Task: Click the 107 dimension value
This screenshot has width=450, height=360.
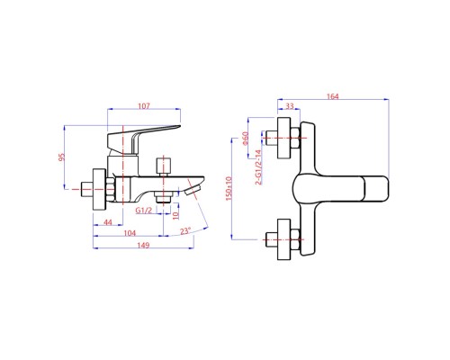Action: click(144, 106)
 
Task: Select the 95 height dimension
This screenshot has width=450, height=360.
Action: click(61, 157)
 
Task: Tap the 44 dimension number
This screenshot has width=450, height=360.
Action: click(108, 222)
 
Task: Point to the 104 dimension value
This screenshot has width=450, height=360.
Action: click(130, 233)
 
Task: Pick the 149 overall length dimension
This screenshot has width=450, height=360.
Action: click(143, 245)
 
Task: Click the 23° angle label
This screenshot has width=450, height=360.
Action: click(185, 231)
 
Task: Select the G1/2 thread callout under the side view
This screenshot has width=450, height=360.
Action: click(144, 211)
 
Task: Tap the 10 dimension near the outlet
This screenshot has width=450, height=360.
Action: click(175, 214)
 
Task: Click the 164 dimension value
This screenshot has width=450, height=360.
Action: click(332, 96)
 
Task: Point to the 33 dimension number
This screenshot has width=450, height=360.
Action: click(290, 106)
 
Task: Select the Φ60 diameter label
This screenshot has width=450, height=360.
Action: click(246, 139)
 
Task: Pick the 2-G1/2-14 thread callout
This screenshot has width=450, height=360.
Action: click(258, 167)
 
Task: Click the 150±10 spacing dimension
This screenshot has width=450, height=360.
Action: click(229, 189)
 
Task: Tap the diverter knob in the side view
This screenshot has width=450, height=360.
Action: click(164, 166)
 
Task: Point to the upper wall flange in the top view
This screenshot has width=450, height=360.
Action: click(283, 138)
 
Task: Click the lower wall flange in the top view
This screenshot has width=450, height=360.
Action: click(283, 239)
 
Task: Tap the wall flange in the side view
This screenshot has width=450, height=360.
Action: click(100, 189)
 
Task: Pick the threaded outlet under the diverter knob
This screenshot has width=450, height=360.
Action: click(163, 199)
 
